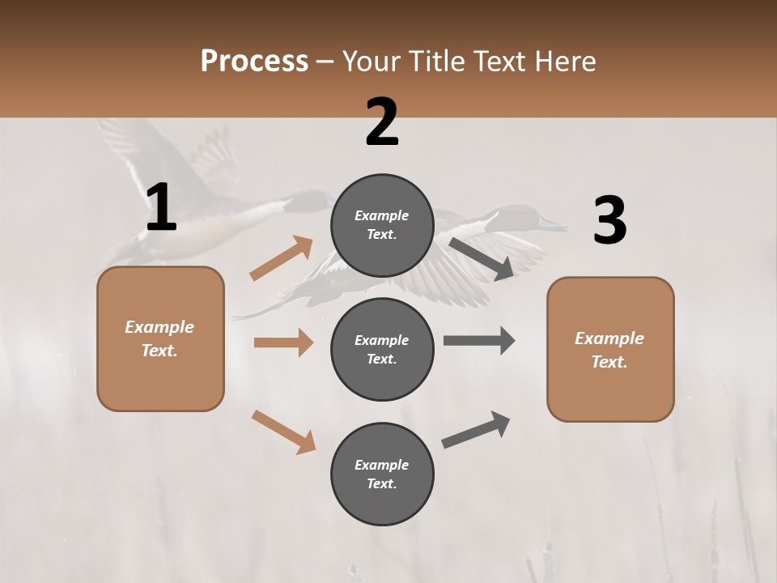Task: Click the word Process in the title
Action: (254, 61)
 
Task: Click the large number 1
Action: (161, 208)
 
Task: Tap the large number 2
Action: (382, 122)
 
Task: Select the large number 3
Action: (609, 221)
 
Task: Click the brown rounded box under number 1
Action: (160, 338)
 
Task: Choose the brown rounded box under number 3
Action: (610, 349)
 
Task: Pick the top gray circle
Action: (382, 225)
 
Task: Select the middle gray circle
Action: (382, 349)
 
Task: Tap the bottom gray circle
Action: (382, 474)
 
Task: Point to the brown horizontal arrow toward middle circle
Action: (283, 343)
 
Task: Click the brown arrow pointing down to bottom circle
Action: (283, 432)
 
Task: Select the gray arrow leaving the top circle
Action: (482, 258)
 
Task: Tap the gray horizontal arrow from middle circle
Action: (479, 341)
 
